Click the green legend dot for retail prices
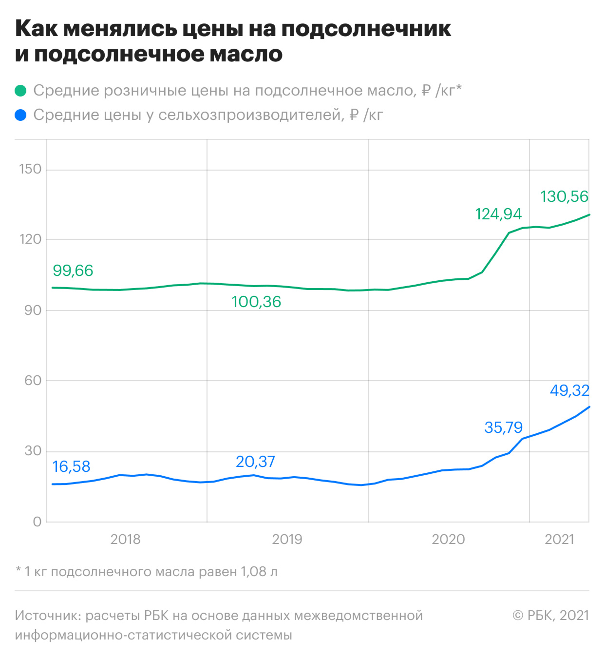coord(20,91)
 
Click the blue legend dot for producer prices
coord(20,115)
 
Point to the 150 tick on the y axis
coord(30,169)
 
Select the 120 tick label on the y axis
coord(30,239)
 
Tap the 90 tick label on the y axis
coord(33,310)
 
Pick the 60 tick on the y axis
coord(33,381)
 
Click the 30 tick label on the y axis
coord(33,451)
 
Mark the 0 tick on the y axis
coord(37,522)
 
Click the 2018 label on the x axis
coord(125,539)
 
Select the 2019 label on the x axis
coord(287,539)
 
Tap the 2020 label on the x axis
coord(448,539)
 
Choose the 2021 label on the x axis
coord(559,539)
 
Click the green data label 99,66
coord(73,271)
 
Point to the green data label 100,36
coord(256,302)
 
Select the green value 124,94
coord(498,214)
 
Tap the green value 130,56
coord(565,196)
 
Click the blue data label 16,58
coord(72,466)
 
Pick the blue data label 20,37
coord(255,462)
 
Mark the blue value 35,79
coord(503,427)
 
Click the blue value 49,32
coord(569,390)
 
